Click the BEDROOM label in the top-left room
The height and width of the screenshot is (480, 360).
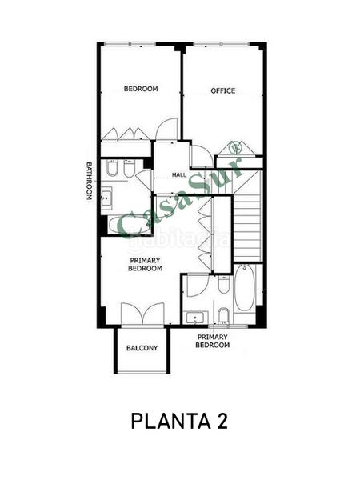click(140, 88)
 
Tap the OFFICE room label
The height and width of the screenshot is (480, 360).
click(222, 90)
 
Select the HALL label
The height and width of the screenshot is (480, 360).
click(179, 174)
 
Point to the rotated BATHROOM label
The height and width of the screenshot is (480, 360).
click(90, 182)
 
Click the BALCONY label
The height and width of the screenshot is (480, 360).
click(142, 348)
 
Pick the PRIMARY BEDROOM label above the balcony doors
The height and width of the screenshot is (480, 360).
click(146, 264)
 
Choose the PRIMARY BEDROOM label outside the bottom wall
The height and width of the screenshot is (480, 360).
click(214, 341)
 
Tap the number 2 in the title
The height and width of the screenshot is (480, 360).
click(221, 421)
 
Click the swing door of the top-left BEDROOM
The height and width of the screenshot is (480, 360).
click(166, 130)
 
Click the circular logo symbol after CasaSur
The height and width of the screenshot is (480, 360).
click(234, 147)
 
